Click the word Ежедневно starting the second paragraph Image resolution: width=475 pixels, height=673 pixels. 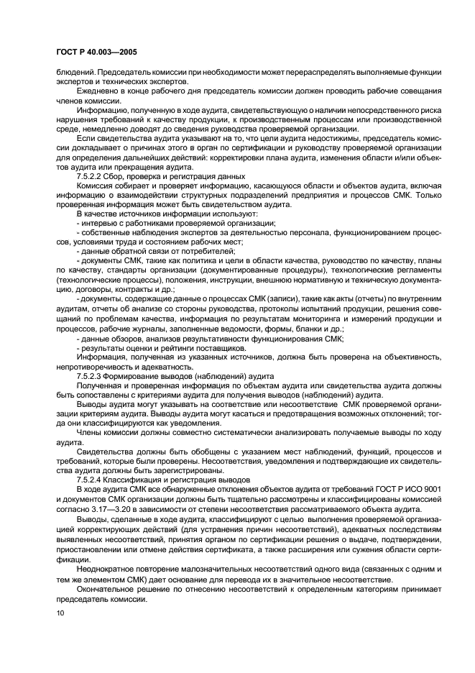[x=99, y=90]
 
